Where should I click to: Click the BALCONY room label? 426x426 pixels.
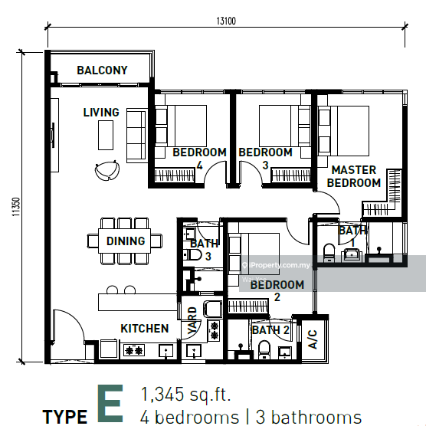pos(102,70)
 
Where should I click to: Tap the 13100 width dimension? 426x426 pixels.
pos(226,21)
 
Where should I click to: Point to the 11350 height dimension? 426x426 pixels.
pos(16,207)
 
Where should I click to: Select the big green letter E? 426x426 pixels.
pos(110,403)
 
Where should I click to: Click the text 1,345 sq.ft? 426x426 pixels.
pos(186,395)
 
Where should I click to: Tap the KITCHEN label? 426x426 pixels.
pos(145,329)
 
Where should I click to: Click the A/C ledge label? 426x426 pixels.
pos(313,339)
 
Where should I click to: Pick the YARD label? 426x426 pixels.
pos(192,320)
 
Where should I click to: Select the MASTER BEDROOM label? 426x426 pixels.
pos(354,176)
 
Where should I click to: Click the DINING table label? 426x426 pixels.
pos(126,241)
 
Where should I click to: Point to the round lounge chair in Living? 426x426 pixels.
pos(107,170)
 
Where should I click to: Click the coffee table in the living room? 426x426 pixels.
pos(106,136)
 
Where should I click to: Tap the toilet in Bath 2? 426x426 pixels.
pos(264,349)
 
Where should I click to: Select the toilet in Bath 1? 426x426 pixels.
pos(329,253)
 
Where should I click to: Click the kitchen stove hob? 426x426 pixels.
pos(133,350)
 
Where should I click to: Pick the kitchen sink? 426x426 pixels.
pos(165,350)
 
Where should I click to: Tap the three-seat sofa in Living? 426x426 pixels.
pos(136,136)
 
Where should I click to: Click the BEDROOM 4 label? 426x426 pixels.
pos(199,159)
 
